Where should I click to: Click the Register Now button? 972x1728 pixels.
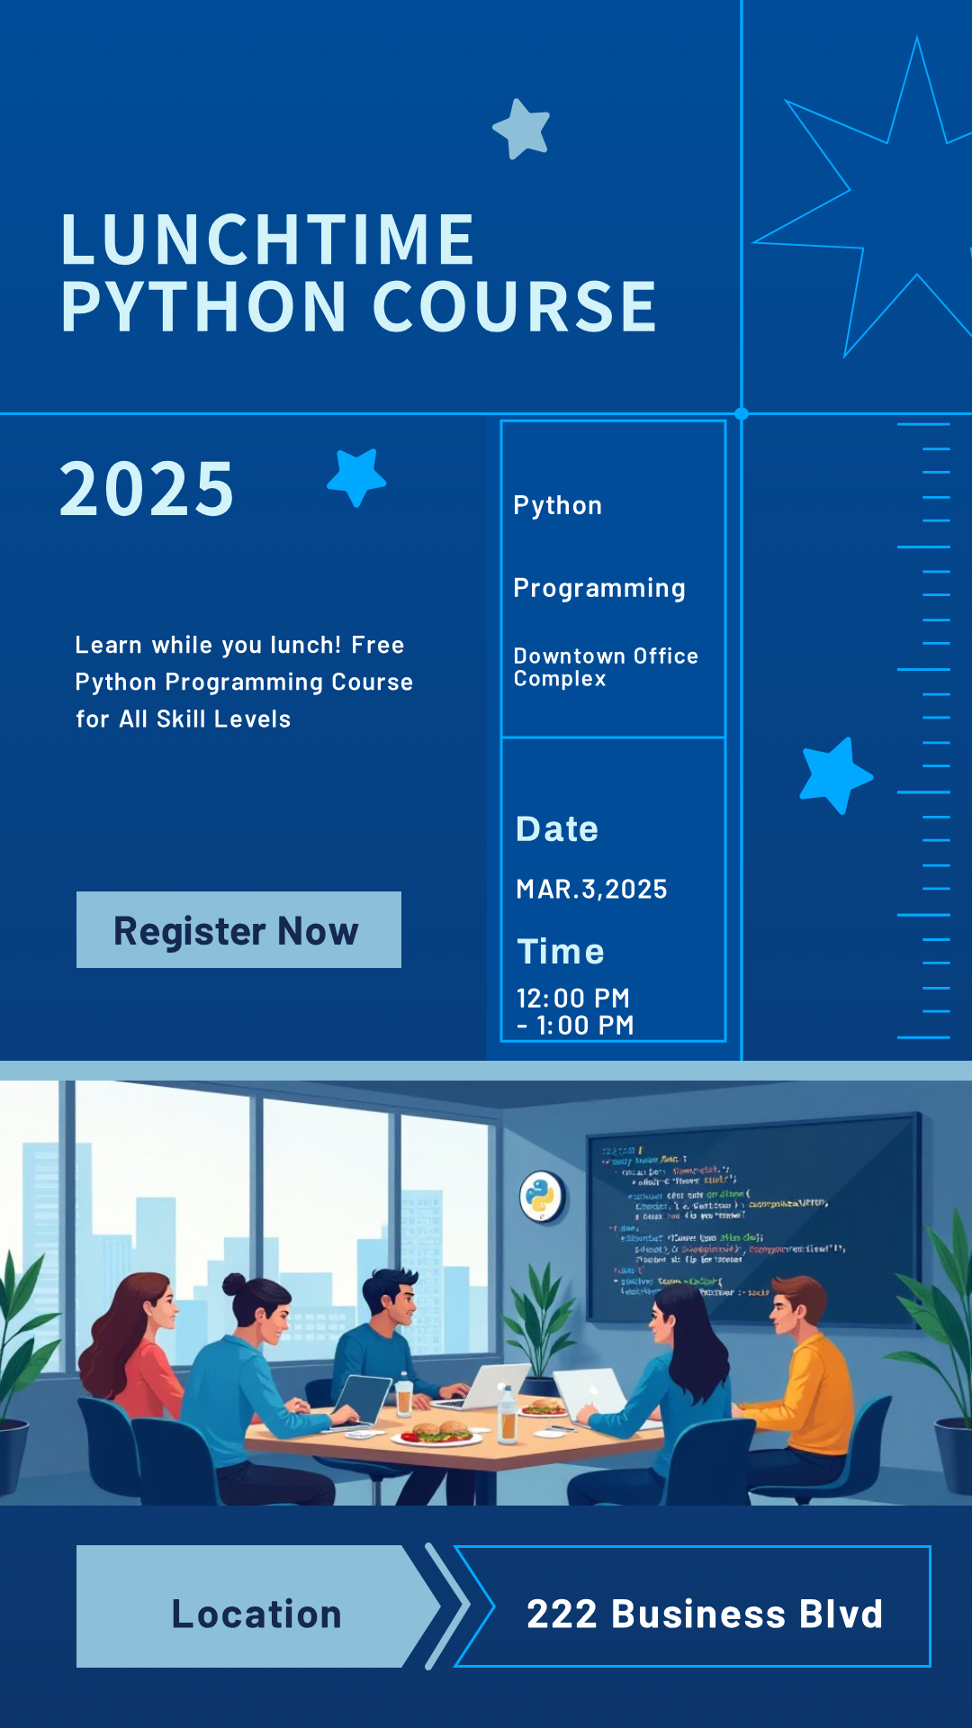pyautogui.click(x=238, y=930)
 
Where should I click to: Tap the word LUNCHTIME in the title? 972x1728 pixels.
pyautogui.click(x=267, y=240)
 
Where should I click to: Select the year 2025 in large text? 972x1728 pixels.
pyautogui.click(x=147, y=489)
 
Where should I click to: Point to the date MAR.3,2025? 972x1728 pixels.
pyautogui.click(x=591, y=890)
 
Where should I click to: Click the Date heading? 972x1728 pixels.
pyautogui.click(x=557, y=829)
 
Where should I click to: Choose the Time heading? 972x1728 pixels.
pyautogui.click(x=560, y=952)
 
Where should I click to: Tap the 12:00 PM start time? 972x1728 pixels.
pyautogui.click(x=573, y=998)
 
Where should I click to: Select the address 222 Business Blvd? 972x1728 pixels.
pyautogui.click(x=704, y=1614)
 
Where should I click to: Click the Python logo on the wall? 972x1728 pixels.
pyautogui.click(x=542, y=1197)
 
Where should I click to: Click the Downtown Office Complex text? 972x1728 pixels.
pyautogui.click(x=605, y=667)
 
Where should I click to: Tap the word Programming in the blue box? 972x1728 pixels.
pyautogui.click(x=599, y=588)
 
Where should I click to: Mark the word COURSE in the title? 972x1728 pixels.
pyautogui.click(x=514, y=307)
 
